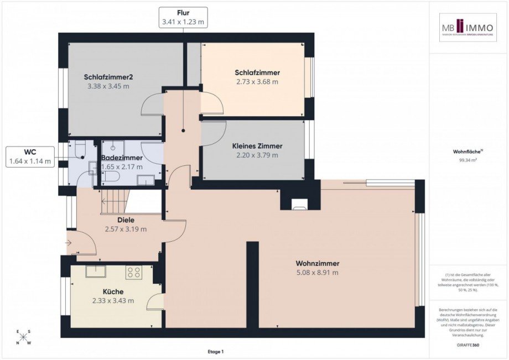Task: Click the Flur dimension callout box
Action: point(183,17)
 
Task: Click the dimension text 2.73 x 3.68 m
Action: point(257,82)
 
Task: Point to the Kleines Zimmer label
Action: point(257,146)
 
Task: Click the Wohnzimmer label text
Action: point(317,263)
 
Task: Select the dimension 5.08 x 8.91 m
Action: point(317,273)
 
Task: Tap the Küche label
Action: point(113,291)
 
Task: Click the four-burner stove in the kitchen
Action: point(134,272)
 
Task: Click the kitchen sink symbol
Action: point(96,270)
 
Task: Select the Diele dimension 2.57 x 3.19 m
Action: point(126,229)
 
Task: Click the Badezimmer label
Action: point(122,158)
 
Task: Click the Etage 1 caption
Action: point(215,352)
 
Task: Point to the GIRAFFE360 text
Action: point(468,345)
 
